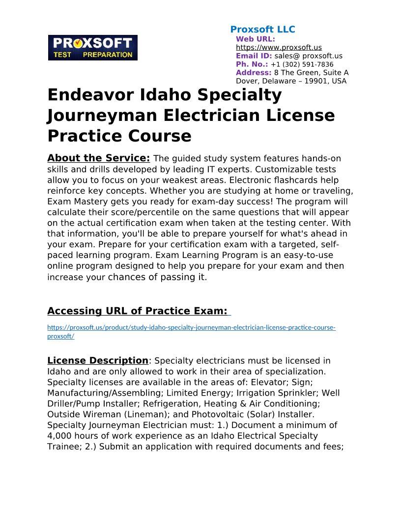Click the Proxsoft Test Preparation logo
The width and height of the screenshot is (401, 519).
tap(92, 48)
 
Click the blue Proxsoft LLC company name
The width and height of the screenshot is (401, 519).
tap(262, 29)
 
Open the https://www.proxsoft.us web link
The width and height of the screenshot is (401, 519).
tap(279, 48)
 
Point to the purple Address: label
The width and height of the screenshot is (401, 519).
tap(254, 73)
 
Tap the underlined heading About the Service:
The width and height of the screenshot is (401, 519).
tap(98, 158)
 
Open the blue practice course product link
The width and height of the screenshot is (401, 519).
tap(191, 328)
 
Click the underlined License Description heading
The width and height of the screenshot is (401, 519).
tap(97, 361)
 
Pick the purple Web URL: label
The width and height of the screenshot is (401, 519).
tap(256, 39)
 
